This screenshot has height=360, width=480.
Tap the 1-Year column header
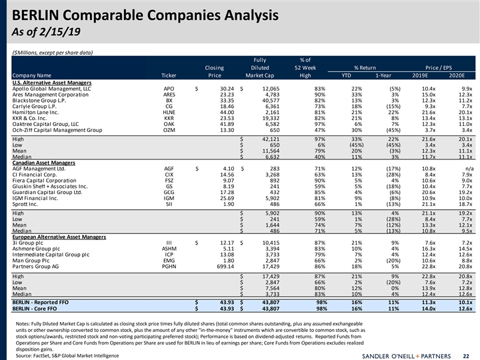383,75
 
